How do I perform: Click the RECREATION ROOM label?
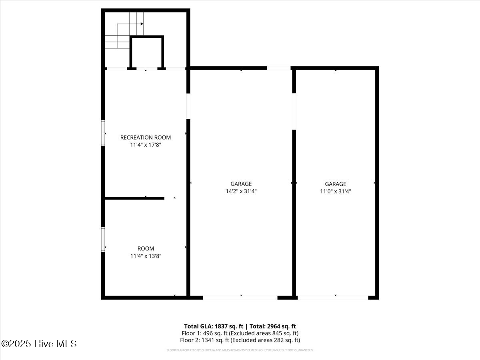coord(145,138)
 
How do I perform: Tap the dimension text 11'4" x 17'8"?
coord(145,145)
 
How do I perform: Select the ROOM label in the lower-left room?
coord(145,248)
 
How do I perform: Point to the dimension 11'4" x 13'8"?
coord(145,256)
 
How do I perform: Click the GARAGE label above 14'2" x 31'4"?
coord(241,184)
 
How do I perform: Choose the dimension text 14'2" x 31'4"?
coord(241,191)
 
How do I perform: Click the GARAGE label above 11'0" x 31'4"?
coord(335,184)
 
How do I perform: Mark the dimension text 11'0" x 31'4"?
coord(335,191)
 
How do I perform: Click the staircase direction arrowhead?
coord(142,24)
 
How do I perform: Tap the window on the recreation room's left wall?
coord(103,133)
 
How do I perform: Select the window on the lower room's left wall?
coord(103,239)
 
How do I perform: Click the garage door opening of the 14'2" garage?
coord(240,298)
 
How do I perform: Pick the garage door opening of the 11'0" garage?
coord(333,298)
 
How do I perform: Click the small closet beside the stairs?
coord(147,53)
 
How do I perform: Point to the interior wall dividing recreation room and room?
coord(134,198)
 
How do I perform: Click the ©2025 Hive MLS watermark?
coord(39,344)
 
